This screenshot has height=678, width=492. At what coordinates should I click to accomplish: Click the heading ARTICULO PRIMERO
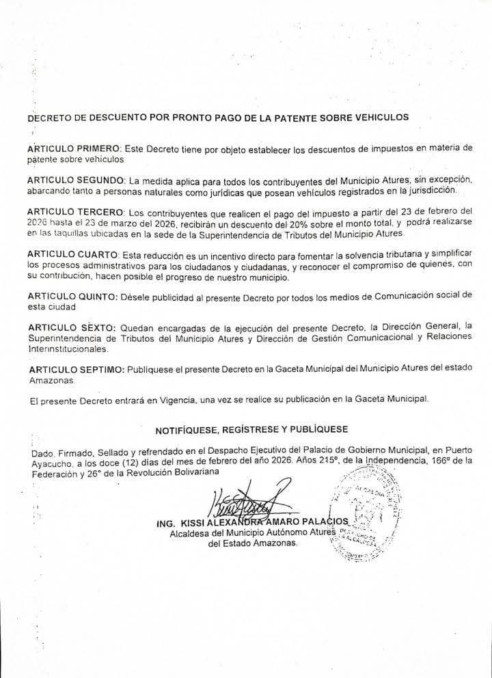coord(73,148)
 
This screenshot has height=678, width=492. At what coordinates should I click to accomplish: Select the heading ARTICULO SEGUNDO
coord(75,180)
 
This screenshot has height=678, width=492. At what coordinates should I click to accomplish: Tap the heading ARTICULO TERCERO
coord(75,211)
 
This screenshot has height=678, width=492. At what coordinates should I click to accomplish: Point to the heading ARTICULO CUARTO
coord(72,254)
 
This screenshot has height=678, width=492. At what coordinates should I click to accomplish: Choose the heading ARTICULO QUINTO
coord(72,297)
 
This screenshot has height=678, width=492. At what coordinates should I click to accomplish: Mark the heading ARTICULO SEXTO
coord(70,328)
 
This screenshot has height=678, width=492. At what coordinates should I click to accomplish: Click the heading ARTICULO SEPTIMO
coord(75,370)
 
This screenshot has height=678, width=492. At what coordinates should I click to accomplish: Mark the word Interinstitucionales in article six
coord(68,349)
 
